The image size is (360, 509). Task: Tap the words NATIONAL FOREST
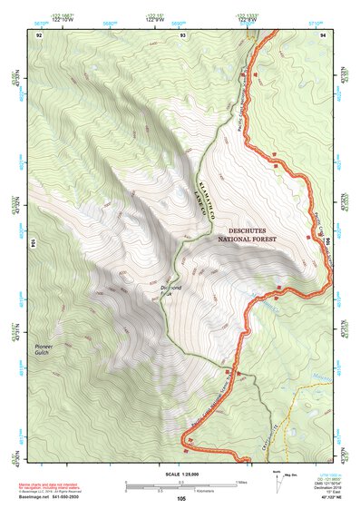pyautogui.click(x=252, y=240)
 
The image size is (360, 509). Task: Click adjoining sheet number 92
pyautogui.click(x=39, y=34)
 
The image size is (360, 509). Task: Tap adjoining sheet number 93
pyautogui.click(x=183, y=34)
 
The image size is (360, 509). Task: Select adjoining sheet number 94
pyautogui.click(x=324, y=34)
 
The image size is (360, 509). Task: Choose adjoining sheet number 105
pyautogui.click(x=181, y=499)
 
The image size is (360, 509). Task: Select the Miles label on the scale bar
pyautogui.click(x=239, y=481)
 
